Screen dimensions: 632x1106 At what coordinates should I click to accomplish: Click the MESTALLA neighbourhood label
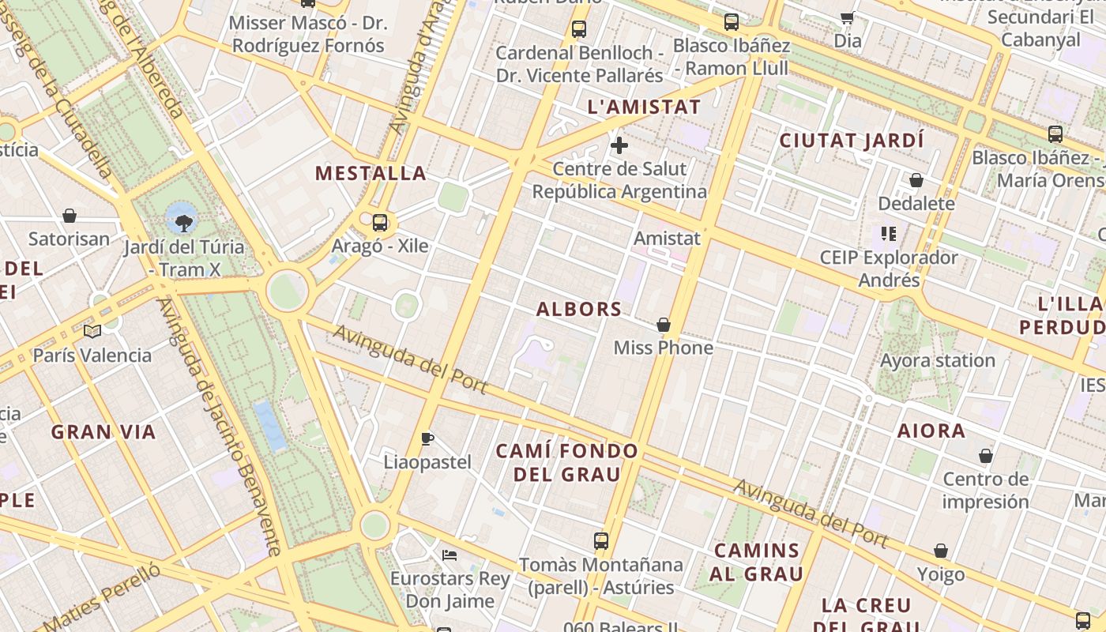[x=371, y=173]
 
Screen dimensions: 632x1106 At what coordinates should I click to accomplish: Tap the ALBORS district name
[x=579, y=309]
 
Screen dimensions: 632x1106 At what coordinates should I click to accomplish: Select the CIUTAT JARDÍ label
[x=852, y=141]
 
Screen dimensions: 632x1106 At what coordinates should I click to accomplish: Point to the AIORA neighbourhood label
[x=931, y=431]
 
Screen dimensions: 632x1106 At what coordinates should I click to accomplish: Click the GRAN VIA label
[x=103, y=432]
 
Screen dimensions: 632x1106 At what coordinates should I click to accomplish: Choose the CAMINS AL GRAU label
[x=757, y=562]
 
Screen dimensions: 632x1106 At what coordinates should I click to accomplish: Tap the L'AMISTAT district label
[x=644, y=107]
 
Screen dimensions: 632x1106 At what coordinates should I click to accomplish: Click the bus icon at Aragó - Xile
[x=380, y=222]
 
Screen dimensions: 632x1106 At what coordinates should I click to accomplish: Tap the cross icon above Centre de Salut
[x=619, y=145]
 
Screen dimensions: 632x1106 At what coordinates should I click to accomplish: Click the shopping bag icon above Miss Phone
[x=664, y=325]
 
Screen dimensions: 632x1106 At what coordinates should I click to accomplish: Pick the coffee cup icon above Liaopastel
[x=427, y=438]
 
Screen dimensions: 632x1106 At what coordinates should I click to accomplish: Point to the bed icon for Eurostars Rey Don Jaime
[x=450, y=555]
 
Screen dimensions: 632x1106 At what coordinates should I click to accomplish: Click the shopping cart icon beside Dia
[x=848, y=17]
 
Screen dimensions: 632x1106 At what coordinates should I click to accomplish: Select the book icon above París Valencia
[x=92, y=331]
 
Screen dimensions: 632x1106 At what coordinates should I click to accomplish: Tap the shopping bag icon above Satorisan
[x=70, y=216]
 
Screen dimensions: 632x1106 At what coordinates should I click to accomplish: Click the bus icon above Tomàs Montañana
[x=601, y=541]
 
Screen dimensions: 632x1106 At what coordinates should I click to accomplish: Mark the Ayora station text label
[x=938, y=361]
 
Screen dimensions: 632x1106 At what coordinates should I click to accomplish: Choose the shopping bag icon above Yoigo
[x=941, y=551]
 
